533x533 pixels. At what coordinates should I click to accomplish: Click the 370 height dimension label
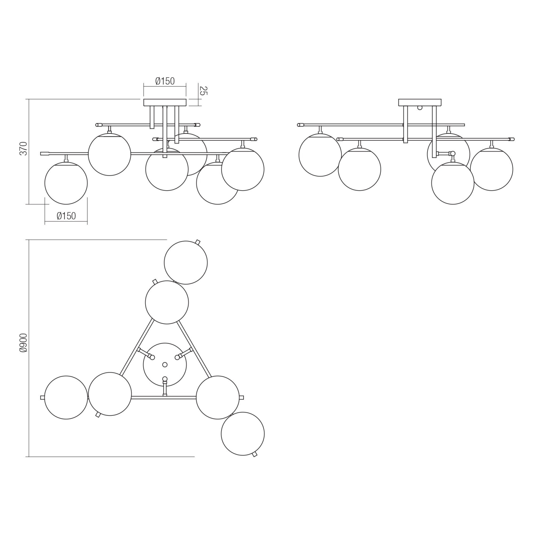click(x=23, y=148)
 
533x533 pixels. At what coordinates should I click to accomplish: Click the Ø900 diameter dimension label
click(x=23, y=343)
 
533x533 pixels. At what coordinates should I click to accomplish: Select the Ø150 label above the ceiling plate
click(x=165, y=81)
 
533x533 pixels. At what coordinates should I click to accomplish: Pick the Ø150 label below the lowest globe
click(x=66, y=216)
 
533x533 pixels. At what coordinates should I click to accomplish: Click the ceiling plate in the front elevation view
click(x=165, y=103)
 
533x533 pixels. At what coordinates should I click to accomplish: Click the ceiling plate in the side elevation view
click(x=420, y=102)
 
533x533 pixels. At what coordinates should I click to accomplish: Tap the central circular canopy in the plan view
click(x=165, y=364)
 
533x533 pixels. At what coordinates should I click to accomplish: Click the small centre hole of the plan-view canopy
click(x=165, y=365)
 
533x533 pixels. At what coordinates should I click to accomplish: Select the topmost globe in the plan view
click(x=186, y=263)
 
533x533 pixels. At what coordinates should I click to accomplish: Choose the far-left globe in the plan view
click(x=66, y=397)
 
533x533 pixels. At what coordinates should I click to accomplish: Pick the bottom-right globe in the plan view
click(x=243, y=434)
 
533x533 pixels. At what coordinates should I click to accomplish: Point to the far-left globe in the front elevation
click(x=66, y=183)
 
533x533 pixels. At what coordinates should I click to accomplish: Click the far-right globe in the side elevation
click(x=492, y=169)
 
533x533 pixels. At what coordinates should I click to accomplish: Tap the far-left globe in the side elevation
click(x=320, y=155)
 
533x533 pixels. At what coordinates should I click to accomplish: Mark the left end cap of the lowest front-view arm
click(x=45, y=154)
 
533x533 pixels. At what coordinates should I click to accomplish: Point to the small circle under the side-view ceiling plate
click(x=420, y=108)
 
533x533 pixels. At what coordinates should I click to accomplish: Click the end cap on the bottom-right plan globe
click(x=255, y=454)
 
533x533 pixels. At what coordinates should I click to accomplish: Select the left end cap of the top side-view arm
click(x=300, y=125)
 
